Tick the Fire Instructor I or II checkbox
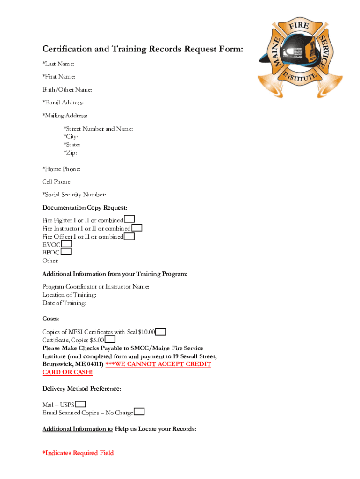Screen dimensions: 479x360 137,228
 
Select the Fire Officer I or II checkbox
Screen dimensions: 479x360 130,236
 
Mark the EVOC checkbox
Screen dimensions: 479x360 67,244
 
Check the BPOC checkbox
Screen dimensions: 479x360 66,252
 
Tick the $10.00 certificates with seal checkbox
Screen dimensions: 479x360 160,332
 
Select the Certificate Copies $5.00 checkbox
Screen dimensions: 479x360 110,340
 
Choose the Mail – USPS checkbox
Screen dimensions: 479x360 80,404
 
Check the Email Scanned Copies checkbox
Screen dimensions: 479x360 139,412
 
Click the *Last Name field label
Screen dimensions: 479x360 58,64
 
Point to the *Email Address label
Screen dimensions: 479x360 63,102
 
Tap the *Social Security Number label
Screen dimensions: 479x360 74,195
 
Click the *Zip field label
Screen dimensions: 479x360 70,153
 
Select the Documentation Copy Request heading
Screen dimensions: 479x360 85,208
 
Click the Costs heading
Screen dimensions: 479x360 51,319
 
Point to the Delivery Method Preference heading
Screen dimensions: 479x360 82,389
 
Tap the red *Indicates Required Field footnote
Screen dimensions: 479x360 78,453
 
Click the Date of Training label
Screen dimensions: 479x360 64,303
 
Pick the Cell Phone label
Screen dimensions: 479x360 57,181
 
